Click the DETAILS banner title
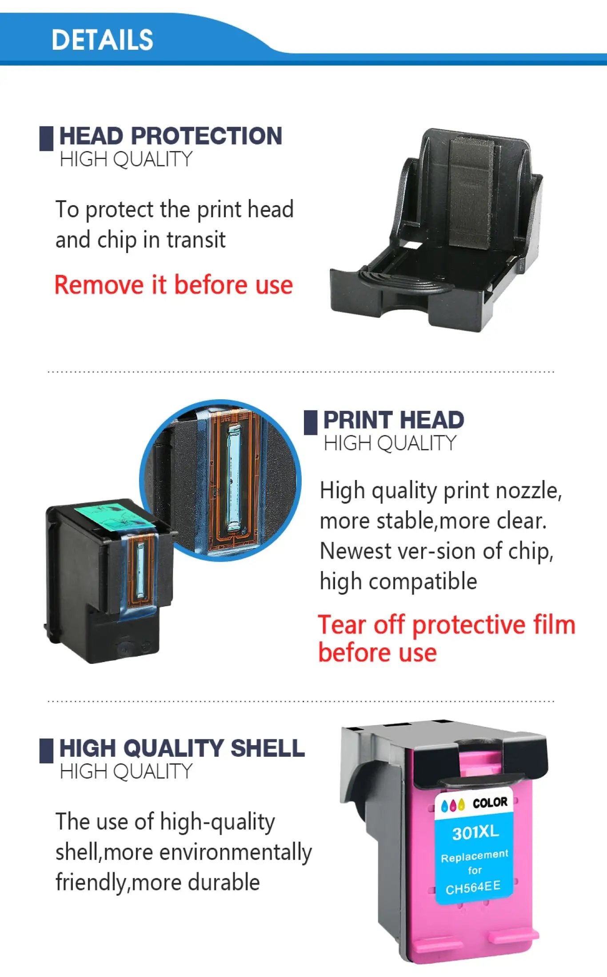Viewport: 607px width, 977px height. (x=102, y=40)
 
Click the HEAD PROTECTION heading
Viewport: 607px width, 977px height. (x=171, y=135)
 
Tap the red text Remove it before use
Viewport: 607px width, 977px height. (x=174, y=285)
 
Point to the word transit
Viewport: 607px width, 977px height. (x=196, y=240)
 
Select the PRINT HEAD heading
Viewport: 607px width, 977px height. (x=394, y=420)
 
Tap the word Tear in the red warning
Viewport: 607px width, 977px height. (x=342, y=624)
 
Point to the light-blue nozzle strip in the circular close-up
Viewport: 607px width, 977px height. (x=233, y=479)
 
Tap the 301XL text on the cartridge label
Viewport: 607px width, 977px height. (x=475, y=832)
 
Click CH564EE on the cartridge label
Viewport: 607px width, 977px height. (x=473, y=888)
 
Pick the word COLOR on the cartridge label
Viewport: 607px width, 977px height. (x=490, y=802)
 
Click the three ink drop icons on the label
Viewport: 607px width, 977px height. (x=453, y=805)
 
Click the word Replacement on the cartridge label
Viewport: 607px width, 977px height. (x=475, y=856)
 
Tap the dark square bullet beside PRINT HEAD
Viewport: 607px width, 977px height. (x=311, y=422)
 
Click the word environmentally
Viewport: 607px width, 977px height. (x=236, y=853)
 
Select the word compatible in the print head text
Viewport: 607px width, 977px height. (x=423, y=582)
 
